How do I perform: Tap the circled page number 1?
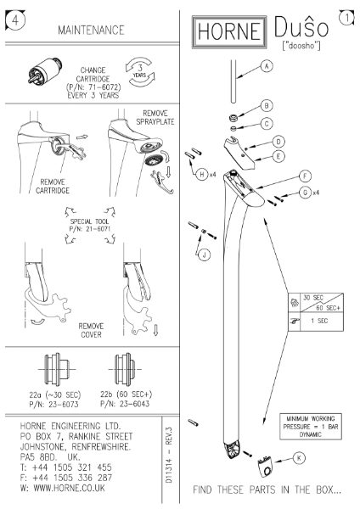click(x=346, y=15)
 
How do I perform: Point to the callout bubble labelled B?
click(x=267, y=106)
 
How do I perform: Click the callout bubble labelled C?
click(x=267, y=124)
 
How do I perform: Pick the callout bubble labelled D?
click(x=278, y=141)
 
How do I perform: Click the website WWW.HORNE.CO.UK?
click(x=68, y=489)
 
